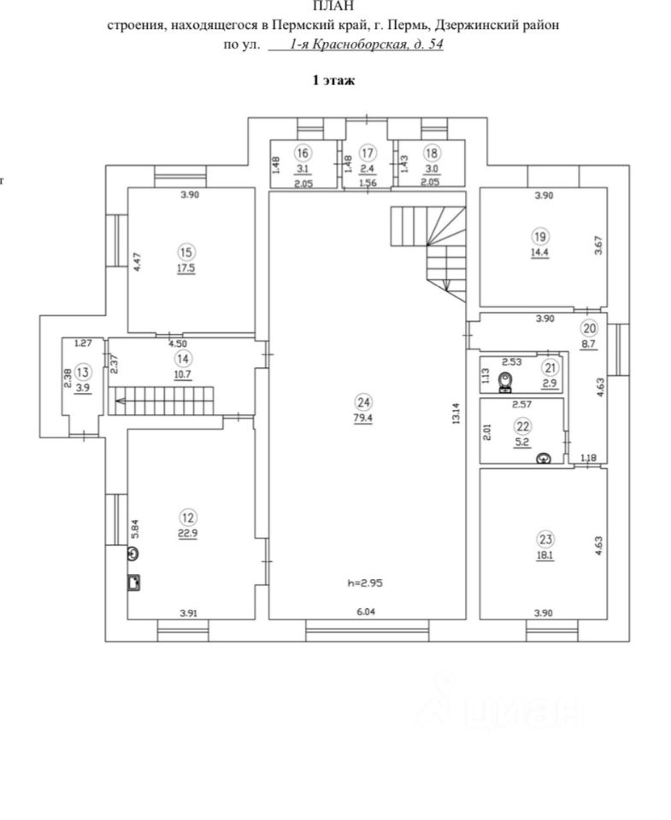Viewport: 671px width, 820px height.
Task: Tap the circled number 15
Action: pos(186,251)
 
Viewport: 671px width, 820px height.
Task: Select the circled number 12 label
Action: pos(188,516)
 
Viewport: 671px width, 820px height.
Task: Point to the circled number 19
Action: pos(539,237)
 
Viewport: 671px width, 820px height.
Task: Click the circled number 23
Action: pos(545,538)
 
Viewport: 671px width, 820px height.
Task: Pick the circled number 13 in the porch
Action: pos(83,372)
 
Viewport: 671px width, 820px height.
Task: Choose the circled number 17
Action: pos(368,153)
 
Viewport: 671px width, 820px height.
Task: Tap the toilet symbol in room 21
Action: pos(507,378)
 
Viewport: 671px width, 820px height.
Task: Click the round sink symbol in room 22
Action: pos(542,458)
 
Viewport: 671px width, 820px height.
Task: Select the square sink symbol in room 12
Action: pos(133,583)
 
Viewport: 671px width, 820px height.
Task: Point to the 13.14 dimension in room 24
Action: pos(457,413)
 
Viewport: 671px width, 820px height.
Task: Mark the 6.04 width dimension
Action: pos(367,612)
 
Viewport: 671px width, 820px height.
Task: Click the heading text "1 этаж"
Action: pos(333,80)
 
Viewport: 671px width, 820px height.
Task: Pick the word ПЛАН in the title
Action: pos(333,7)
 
